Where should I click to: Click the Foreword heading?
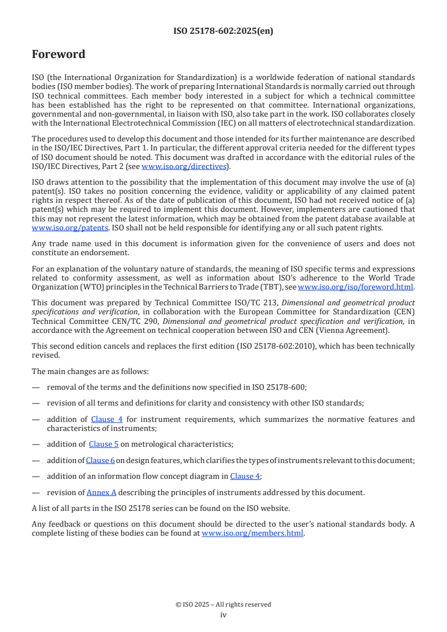(x=58, y=55)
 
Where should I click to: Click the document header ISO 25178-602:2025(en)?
(x=223, y=32)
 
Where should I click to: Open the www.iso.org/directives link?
(x=184, y=166)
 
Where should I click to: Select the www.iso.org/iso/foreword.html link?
(x=355, y=287)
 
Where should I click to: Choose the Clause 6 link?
(x=100, y=460)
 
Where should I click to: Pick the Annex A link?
(x=101, y=492)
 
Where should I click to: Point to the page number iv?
(x=223, y=615)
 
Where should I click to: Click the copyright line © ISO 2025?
(x=223, y=604)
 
